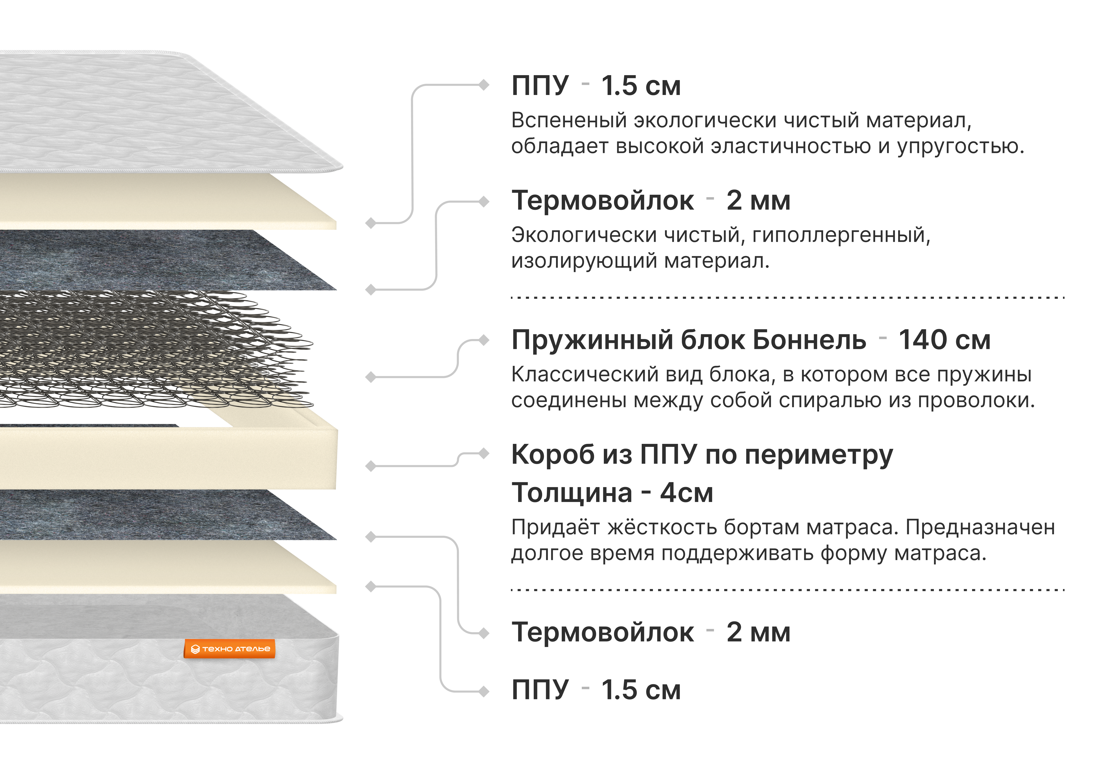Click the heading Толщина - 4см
click(x=612, y=493)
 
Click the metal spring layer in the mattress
click(x=155, y=349)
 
